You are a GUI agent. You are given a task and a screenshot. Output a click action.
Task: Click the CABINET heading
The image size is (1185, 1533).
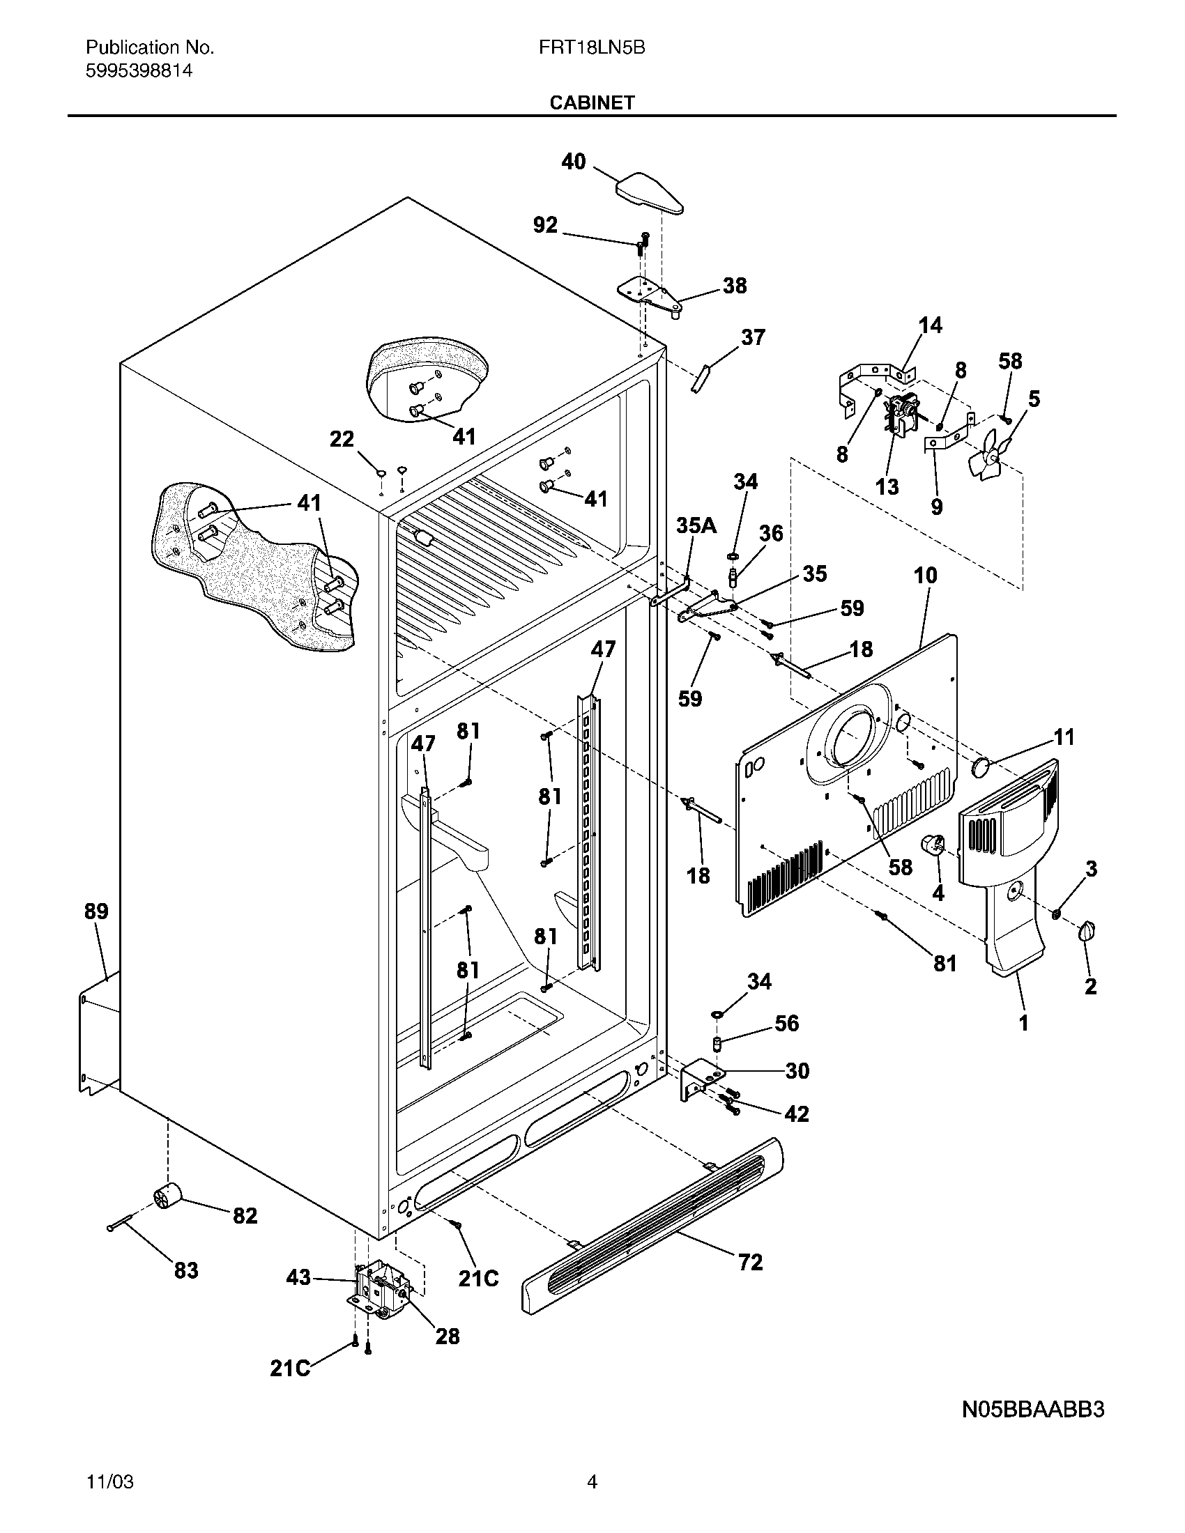pos(592,103)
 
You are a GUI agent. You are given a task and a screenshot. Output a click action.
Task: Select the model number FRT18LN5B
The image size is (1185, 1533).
pos(592,47)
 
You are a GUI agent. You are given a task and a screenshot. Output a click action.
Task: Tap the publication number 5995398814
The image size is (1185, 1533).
pos(139,71)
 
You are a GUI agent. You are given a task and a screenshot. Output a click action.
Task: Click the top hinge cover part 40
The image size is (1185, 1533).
pos(650,192)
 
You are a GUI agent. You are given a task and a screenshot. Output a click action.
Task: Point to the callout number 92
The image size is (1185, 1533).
pos(546,225)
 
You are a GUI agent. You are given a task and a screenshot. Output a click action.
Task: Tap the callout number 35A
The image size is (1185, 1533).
pos(696,525)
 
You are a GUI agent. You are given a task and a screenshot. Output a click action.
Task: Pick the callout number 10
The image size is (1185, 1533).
pos(925,576)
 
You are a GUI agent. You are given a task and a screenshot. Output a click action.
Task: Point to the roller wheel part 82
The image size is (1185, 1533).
pos(167,1194)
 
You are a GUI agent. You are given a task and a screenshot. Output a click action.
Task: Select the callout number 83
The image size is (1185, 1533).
pos(186,1270)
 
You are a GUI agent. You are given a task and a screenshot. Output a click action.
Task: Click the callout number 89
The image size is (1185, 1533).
pos(96,911)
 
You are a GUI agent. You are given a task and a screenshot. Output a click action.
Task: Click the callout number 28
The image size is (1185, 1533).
pos(448,1336)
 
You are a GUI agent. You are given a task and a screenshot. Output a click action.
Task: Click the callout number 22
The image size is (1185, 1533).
pos(342,440)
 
